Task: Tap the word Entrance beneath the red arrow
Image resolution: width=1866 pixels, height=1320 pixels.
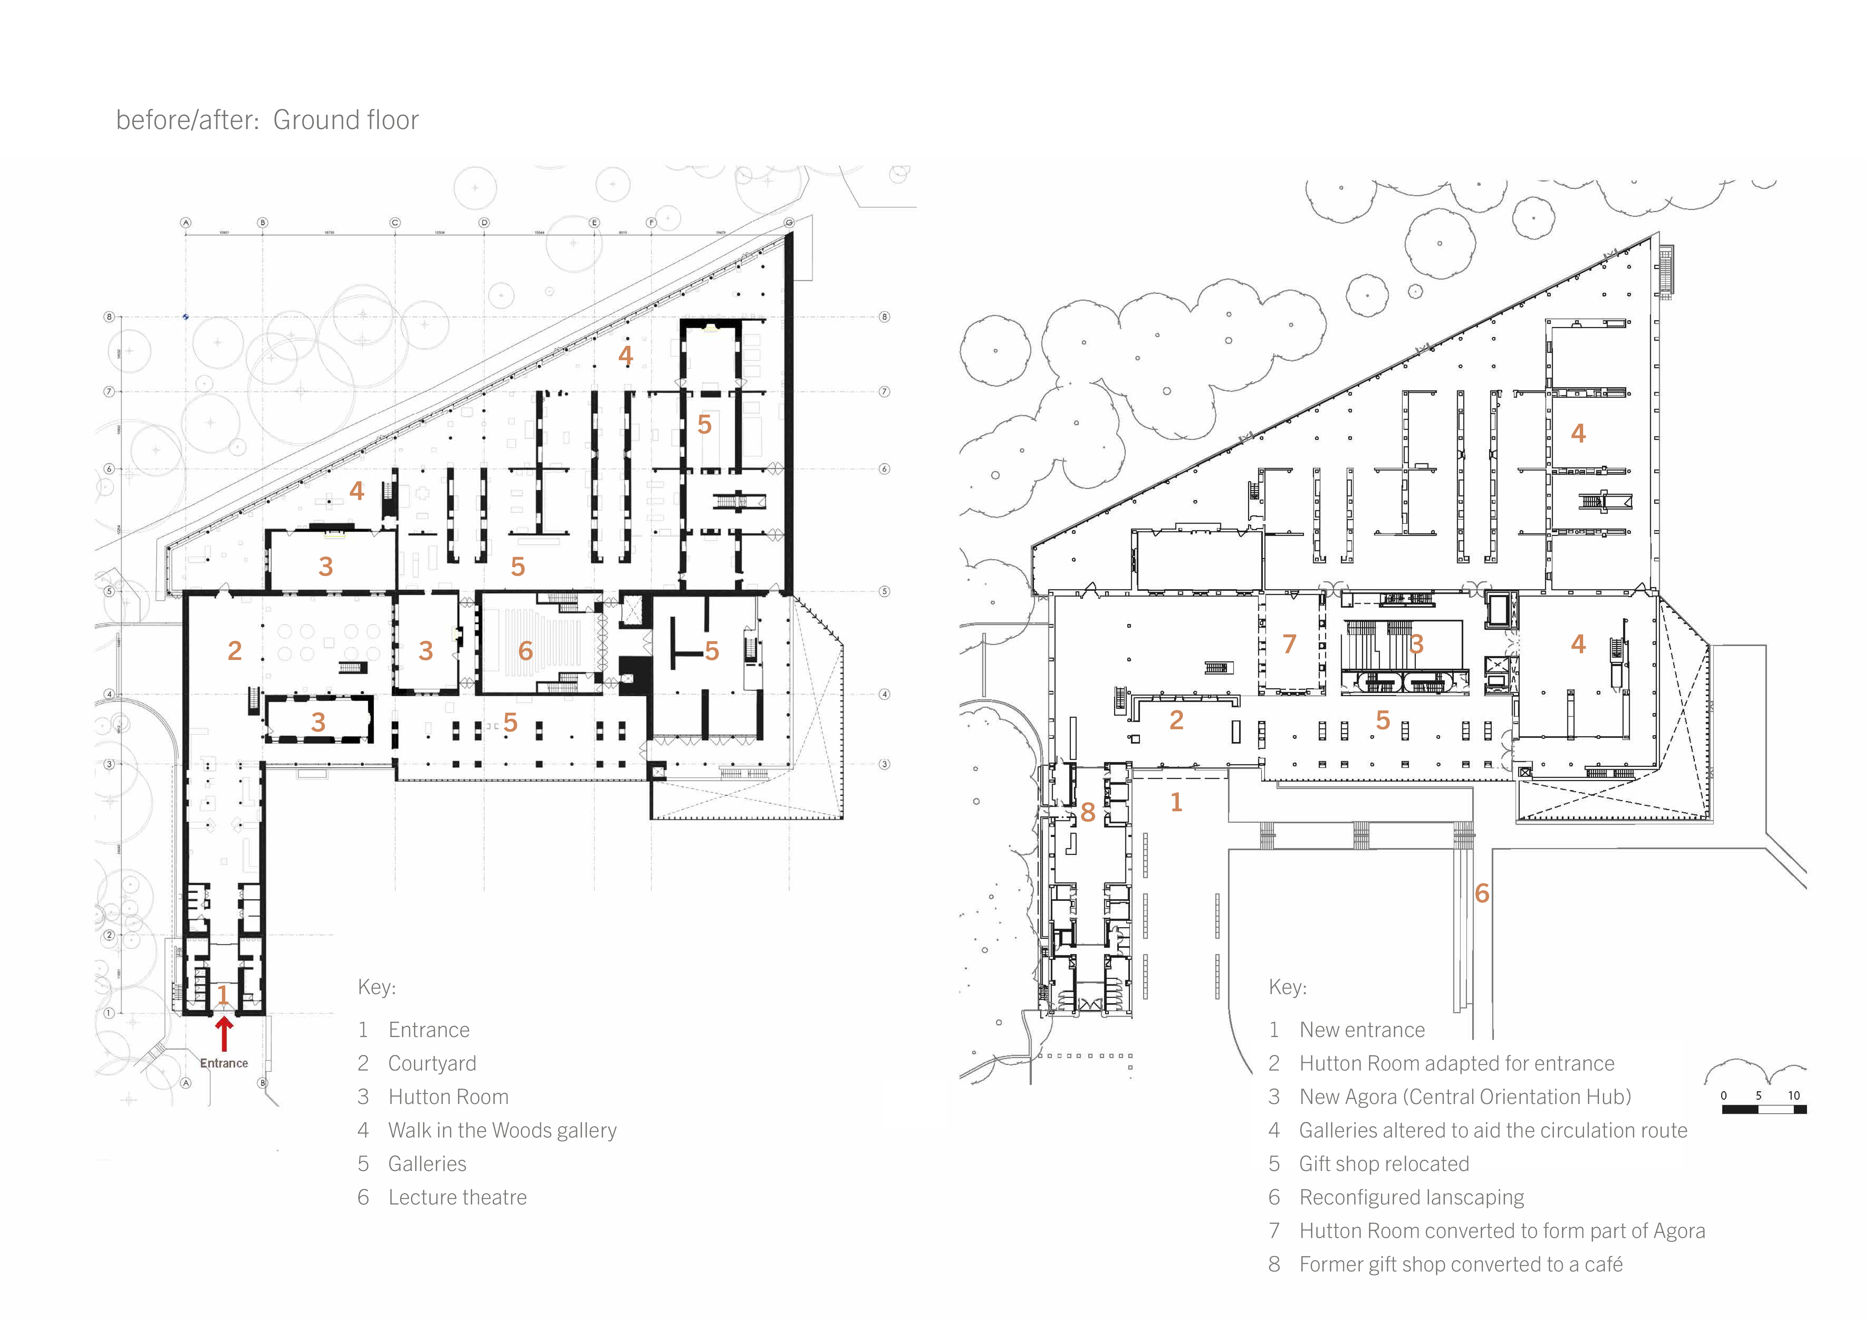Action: (x=223, y=1063)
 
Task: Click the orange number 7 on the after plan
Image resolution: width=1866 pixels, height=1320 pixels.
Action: (x=1289, y=644)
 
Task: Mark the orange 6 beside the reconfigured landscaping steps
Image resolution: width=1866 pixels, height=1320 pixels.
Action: (x=1482, y=893)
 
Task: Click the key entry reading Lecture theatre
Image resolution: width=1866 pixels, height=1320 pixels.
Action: (x=457, y=1197)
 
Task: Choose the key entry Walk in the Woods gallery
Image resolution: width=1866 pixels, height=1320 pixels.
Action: (x=501, y=1131)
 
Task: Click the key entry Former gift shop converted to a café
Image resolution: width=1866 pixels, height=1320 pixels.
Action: (x=1461, y=1265)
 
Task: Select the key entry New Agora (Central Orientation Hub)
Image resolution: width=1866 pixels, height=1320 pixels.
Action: (x=1465, y=1097)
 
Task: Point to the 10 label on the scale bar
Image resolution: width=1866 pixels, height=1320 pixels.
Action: (x=1794, y=1096)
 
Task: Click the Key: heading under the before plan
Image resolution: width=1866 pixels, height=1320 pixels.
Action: (x=376, y=988)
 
